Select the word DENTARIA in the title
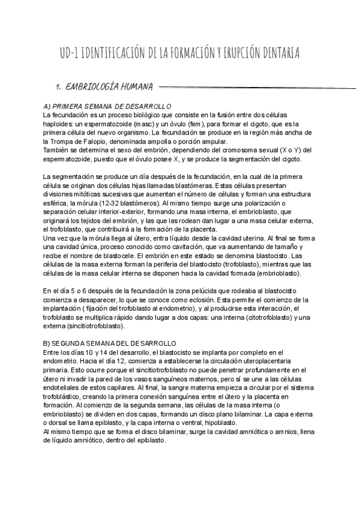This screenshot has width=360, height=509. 281,54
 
